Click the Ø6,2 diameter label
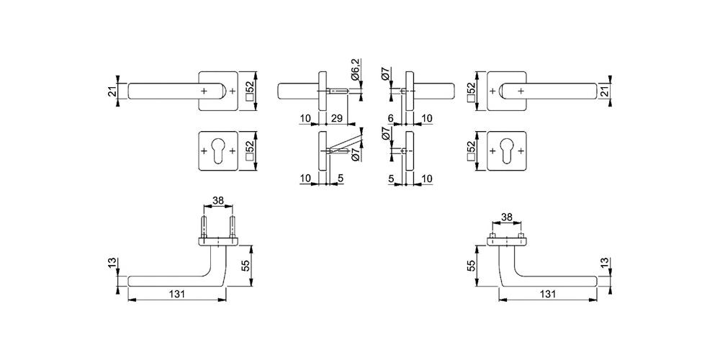coord(356,70)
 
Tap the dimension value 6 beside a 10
coord(390,119)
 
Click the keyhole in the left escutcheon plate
coord(218,150)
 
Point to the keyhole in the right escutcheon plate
coord(506,150)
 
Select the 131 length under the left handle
coord(177,294)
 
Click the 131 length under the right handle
coord(548,294)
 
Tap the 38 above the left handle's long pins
coord(218,200)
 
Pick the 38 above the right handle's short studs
coord(506,216)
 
